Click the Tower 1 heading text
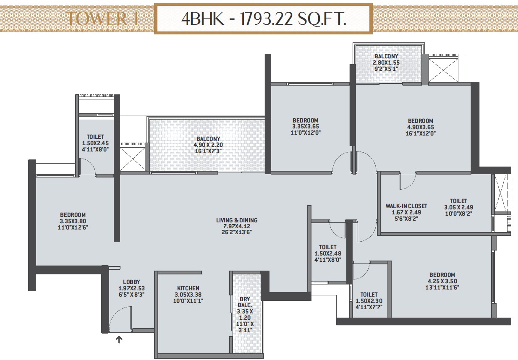click(103, 18)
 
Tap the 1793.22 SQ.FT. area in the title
click(293, 19)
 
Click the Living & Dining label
click(237, 220)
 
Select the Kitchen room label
click(188, 288)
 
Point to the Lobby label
click(131, 282)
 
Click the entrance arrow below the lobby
click(119, 340)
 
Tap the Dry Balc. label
click(245, 302)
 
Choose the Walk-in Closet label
click(406, 206)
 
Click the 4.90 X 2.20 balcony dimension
click(208, 145)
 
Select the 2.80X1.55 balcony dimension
click(386, 63)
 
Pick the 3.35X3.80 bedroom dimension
click(73, 221)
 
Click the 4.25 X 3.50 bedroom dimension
click(442, 281)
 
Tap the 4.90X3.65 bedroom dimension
click(421, 127)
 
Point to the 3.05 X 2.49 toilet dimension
click(458, 207)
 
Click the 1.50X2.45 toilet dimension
click(95, 143)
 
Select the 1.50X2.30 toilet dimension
click(369, 301)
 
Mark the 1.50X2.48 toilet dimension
click(328, 253)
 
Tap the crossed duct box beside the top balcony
click(443, 70)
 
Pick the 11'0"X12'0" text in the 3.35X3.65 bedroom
click(306, 133)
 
